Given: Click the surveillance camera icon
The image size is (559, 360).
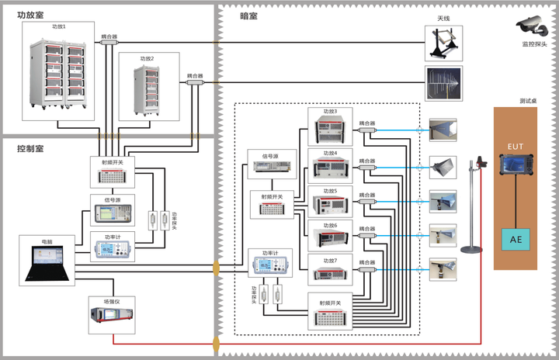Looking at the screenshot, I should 533,29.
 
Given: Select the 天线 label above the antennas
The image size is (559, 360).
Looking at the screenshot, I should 445,19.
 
